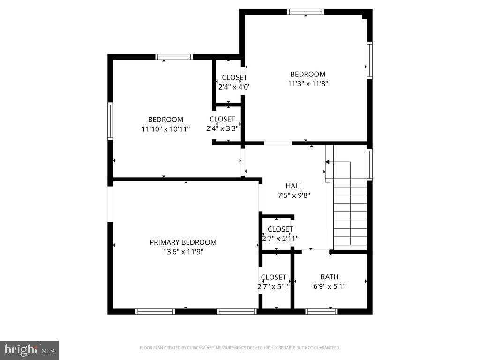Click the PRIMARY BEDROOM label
tap(183, 242)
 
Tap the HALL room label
tap(294, 186)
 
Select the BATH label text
tap(330, 277)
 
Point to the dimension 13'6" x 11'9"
tap(183, 252)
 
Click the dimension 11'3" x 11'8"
tap(308, 83)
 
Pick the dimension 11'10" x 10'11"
tap(165, 129)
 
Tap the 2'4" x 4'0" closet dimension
tap(234, 87)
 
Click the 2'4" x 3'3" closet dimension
tap(222, 128)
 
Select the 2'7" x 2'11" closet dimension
tap(280, 239)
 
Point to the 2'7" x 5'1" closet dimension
tap(273, 286)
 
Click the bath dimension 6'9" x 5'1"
tap(330, 286)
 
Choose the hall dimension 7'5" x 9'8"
tap(294, 195)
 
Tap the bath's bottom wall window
tap(321, 312)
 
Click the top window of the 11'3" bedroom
tap(306, 12)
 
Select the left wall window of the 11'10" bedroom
tap(110, 121)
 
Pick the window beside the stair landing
tap(369, 165)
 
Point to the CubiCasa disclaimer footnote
tap(240, 348)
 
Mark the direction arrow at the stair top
tap(327, 162)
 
